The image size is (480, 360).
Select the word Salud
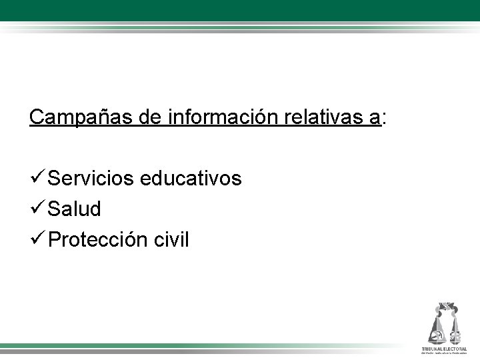(x=75, y=209)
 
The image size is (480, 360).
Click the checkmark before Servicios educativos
(x=37, y=179)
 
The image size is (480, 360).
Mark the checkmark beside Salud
(x=37, y=209)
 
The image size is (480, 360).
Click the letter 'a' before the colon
(x=377, y=118)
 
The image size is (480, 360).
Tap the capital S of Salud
(x=55, y=209)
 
